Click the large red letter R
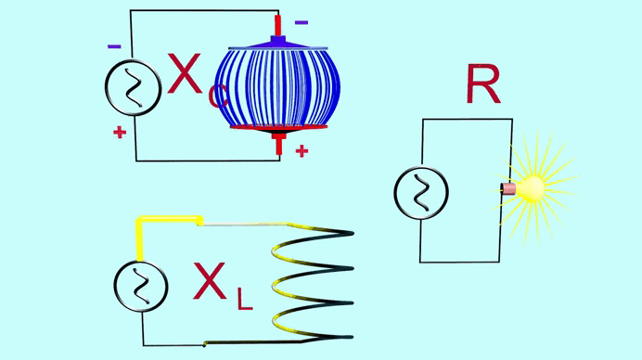pos(483,84)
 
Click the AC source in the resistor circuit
pos(421,192)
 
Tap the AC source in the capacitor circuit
pos(133,87)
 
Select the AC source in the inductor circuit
pos(141,287)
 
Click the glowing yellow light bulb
pos(532,188)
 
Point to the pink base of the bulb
pos(508,188)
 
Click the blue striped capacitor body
pos(278,87)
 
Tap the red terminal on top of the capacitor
pos(277,25)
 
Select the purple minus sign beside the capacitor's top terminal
pos(302,22)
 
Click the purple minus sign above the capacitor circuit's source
pos(114,46)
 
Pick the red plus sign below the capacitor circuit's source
pos(120,133)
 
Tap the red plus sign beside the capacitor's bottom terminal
pos(302,151)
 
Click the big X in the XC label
pos(185,74)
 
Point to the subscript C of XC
pos(217,96)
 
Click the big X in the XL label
pos(210,281)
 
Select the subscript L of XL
pos(245,299)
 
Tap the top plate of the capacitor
pos(278,48)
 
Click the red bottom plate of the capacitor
pos(279,127)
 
